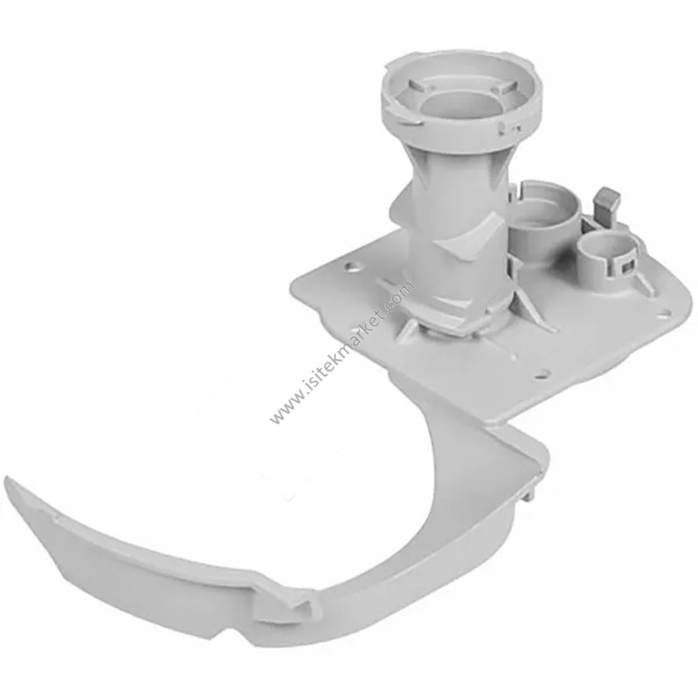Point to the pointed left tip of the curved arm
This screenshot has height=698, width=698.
pyautogui.click(x=6, y=481)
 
